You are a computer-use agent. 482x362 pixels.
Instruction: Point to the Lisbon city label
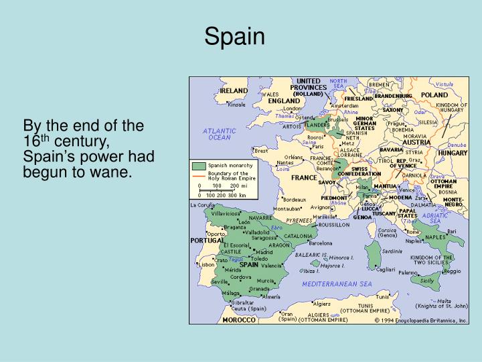pos(206,265)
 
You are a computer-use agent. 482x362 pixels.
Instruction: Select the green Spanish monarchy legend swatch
pos(199,166)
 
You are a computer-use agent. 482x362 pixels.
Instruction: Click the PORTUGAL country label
pos(207,240)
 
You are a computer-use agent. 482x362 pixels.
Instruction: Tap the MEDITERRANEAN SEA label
pos(337,284)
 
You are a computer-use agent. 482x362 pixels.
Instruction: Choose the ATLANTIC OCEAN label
pos(219,133)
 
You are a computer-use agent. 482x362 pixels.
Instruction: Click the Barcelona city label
pos(320,243)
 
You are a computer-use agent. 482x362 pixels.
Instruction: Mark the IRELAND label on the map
pos(234,90)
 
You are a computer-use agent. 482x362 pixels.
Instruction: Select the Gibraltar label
pos(242,302)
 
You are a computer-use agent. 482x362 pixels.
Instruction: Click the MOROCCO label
pos(239,320)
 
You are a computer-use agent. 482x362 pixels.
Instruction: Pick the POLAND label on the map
pos(435,95)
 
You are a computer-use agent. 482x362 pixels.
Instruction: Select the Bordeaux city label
pos(295,199)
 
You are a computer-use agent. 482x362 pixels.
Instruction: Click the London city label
pos(293,109)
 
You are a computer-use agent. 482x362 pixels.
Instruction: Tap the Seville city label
pos(220,282)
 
